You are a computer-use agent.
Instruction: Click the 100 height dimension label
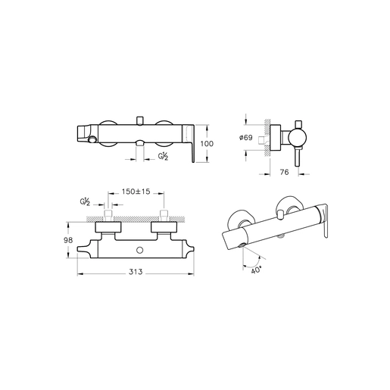(207, 144)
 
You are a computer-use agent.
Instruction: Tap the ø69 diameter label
(245, 138)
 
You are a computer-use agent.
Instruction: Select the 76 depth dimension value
(284, 172)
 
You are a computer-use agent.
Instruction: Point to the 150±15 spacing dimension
(136, 192)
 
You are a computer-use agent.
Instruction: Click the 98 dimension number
(68, 240)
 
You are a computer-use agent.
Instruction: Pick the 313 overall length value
(136, 272)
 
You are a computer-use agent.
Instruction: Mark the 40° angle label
(256, 270)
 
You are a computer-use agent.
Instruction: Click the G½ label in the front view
(163, 157)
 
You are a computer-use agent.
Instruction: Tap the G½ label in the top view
(85, 202)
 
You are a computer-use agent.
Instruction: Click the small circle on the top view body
(139, 250)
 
